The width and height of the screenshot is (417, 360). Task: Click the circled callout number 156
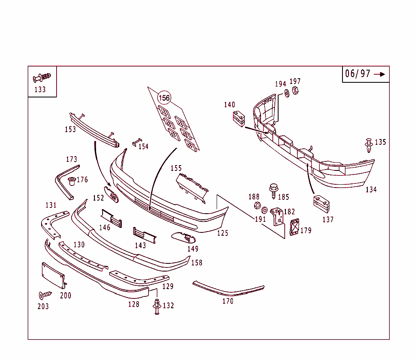pos(164,98)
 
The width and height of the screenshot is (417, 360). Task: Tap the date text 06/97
pos(358,74)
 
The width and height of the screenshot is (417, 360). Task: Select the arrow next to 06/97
pos(379,74)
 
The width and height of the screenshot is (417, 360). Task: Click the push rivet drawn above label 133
pos(42,77)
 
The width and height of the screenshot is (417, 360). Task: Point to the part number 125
pos(223,233)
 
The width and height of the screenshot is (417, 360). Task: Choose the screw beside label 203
pos(45,294)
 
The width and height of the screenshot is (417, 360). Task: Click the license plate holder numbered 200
pos(53,276)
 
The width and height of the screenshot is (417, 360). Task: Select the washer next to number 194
pos(287,93)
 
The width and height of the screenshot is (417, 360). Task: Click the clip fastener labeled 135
pos(369,145)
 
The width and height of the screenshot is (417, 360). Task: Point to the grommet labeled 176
pos(72,180)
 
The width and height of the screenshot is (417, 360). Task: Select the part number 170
pos(228,301)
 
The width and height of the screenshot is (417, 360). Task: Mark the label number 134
pos(371,190)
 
